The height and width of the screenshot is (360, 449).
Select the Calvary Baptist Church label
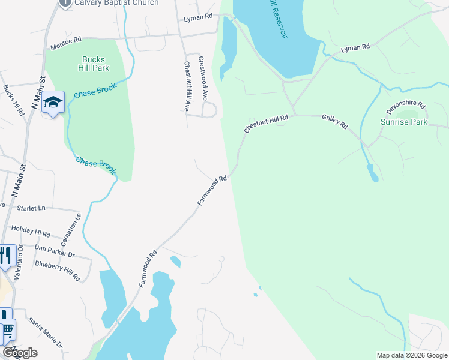point(117,2)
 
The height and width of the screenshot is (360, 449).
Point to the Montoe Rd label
point(65,43)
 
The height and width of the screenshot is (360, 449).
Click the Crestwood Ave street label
point(203,78)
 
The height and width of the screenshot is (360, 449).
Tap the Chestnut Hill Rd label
point(266,124)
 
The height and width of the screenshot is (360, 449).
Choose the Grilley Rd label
point(335,122)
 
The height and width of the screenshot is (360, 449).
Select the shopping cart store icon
point(7,329)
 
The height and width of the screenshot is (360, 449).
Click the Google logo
point(20,352)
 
